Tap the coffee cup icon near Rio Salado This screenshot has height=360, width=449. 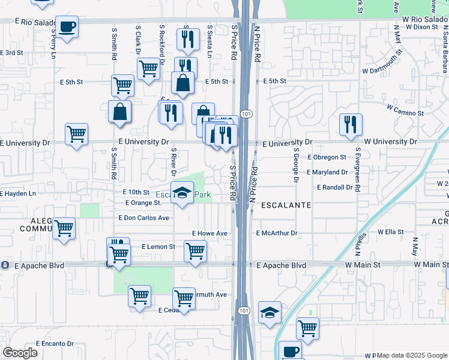(x=67, y=28)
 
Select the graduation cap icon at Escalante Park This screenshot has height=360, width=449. (x=181, y=193)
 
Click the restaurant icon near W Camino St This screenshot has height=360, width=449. (x=351, y=124)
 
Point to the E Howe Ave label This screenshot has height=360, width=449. (x=209, y=233)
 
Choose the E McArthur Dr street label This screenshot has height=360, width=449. (x=277, y=233)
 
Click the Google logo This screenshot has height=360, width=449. (x=19, y=353)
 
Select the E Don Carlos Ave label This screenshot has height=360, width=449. (x=144, y=218)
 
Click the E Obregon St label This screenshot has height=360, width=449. (x=327, y=157)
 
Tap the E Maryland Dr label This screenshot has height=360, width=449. (x=327, y=172)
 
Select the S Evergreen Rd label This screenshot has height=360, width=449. (x=358, y=170)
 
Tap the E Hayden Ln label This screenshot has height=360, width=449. (x=18, y=194)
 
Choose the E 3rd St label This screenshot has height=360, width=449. (x=11, y=53)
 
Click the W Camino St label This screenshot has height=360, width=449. (x=405, y=110)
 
